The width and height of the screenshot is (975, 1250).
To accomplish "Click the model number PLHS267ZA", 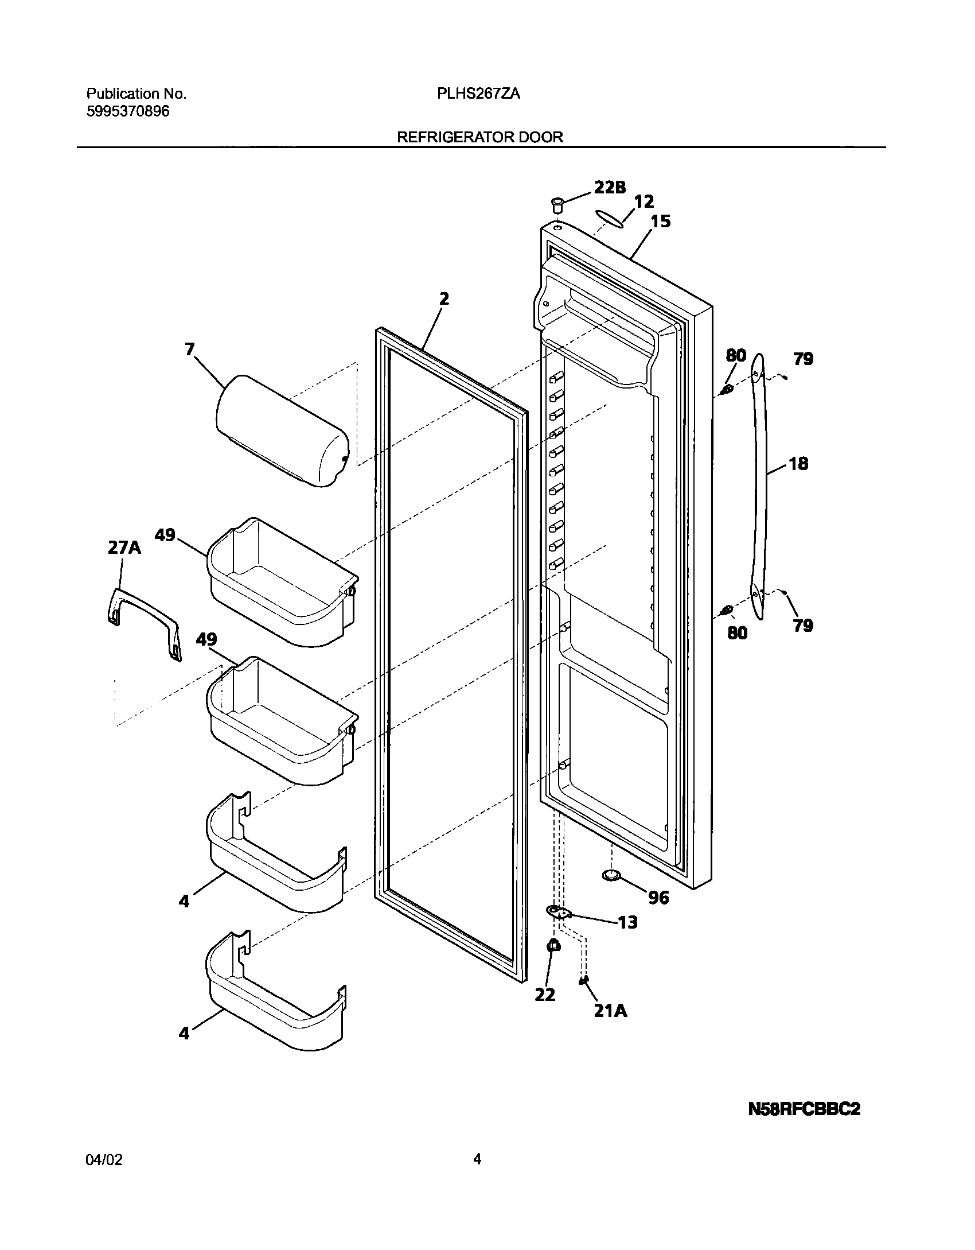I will point(478,94).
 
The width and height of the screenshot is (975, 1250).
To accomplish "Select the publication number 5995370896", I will point(128,111).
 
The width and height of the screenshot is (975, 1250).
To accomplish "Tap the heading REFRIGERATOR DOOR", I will point(480,137).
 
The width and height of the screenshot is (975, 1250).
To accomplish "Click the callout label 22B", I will point(609,187).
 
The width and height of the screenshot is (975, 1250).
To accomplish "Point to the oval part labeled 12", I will point(609,219).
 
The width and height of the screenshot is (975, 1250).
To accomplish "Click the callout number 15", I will point(661,222).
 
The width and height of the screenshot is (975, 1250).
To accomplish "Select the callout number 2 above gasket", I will point(444,299).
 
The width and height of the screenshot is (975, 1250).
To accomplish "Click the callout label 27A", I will point(124,548).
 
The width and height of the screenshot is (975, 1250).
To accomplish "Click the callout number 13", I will point(627,922).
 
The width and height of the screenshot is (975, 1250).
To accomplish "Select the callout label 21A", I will point(610,1011).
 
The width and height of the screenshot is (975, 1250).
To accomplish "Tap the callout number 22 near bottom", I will point(545,995).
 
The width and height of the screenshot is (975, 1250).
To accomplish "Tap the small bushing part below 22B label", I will point(556,204).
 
